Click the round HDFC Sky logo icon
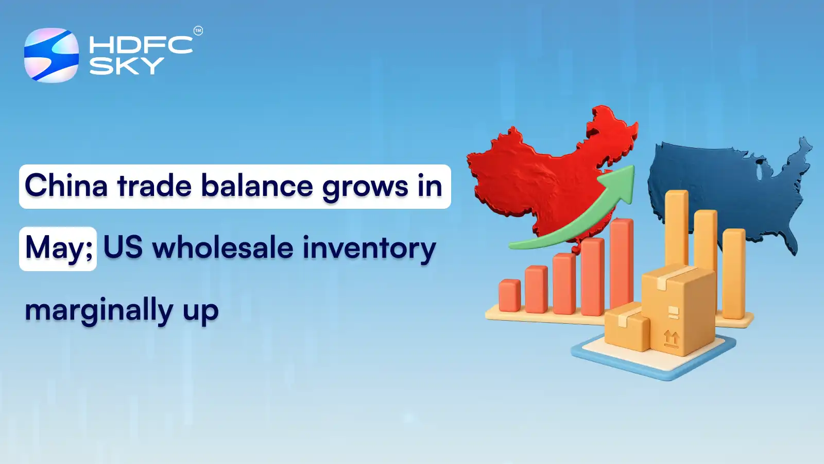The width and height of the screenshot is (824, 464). click(51, 55)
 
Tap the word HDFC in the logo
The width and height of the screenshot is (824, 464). click(141, 45)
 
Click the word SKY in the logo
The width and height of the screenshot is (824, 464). click(127, 66)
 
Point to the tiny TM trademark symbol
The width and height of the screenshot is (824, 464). click(198, 31)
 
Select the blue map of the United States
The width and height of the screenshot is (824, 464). click(721, 180)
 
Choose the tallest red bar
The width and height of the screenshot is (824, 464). click(622, 263)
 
